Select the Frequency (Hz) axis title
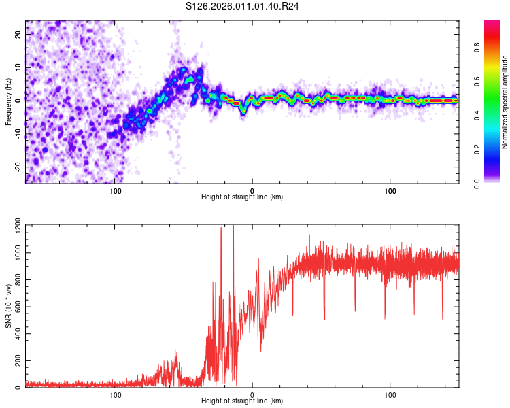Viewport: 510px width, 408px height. click(x=9, y=102)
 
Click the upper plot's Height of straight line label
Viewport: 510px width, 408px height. click(x=242, y=197)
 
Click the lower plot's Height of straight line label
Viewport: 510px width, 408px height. click(x=242, y=401)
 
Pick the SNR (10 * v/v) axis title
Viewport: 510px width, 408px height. click(x=9, y=306)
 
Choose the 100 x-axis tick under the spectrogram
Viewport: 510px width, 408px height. click(x=390, y=190)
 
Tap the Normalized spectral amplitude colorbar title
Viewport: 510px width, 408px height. click(x=505, y=102)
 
